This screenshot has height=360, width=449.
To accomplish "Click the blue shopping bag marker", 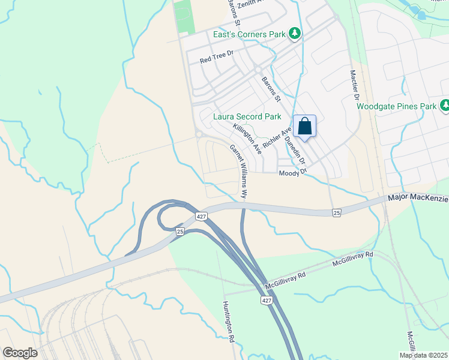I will pyautogui.click(x=304, y=127).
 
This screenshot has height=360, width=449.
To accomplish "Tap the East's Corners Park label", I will pyautogui.click(x=249, y=34).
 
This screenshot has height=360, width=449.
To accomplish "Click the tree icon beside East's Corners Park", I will pyautogui.click(x=295, y=34).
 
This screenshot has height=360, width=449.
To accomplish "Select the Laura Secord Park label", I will pyautogui.click(x=247, y=116).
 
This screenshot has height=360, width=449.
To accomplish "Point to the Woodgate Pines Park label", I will pyautogui.click(x=396, y=106).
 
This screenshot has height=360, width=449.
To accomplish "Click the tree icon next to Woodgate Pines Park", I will pyautogui.click(x=444, y=106).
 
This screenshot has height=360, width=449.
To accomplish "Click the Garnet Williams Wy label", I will pyautogui.click(x=238, y=171).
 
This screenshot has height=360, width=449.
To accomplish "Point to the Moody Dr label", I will pyautogui.click(x=293, y=173).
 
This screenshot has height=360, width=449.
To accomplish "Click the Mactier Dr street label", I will pyautogui.click(x=354, y=84).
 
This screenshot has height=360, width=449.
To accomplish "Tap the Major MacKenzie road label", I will pyautogui.click(x=418, y=198).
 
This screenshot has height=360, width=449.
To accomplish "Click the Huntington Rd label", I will pyautogui.click(x=228, y=322).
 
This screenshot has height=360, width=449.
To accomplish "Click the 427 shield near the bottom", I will pyautogui.click(x=265, y=299).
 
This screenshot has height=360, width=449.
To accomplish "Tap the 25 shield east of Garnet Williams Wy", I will pyautogui.click(x=336, y=212).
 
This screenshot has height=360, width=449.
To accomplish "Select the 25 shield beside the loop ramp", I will pyautogui.click(x=179, y=231).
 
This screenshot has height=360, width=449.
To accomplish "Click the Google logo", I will pyautogui.click(x=20, y=353).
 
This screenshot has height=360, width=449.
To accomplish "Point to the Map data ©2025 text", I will pyautogui.click(x=424, y=355).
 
